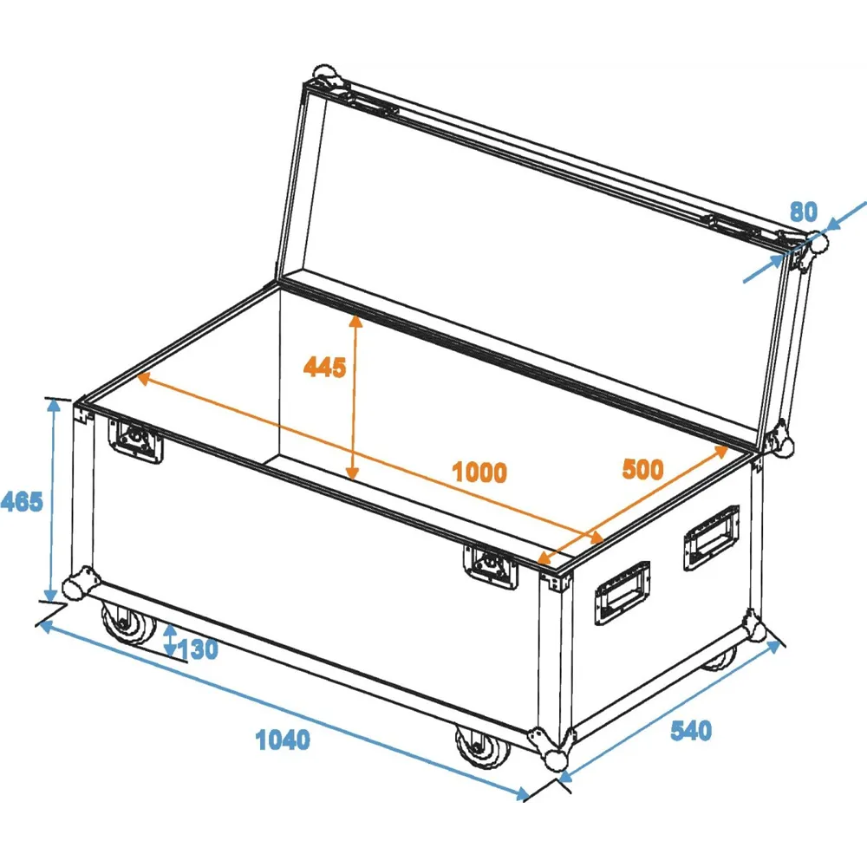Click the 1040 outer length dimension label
(x=283, y=740)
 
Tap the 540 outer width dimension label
(x=691, y=731)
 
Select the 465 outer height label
(x=21, y=501)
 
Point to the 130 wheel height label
(x=198, y=649)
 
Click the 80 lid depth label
(x=804, y=212)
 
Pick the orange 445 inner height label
(x=324, y=367)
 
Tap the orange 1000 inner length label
(x=479, y=473)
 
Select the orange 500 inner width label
(x=642, y=469)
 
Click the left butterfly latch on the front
(x=135, y=440)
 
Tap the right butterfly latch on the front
(x=491, y=566)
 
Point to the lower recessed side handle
(x=622, y=593)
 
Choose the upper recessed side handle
(x=711, y=537)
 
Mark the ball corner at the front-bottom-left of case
(x=80, y=583)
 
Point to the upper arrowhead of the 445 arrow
(x=355, y=322)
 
